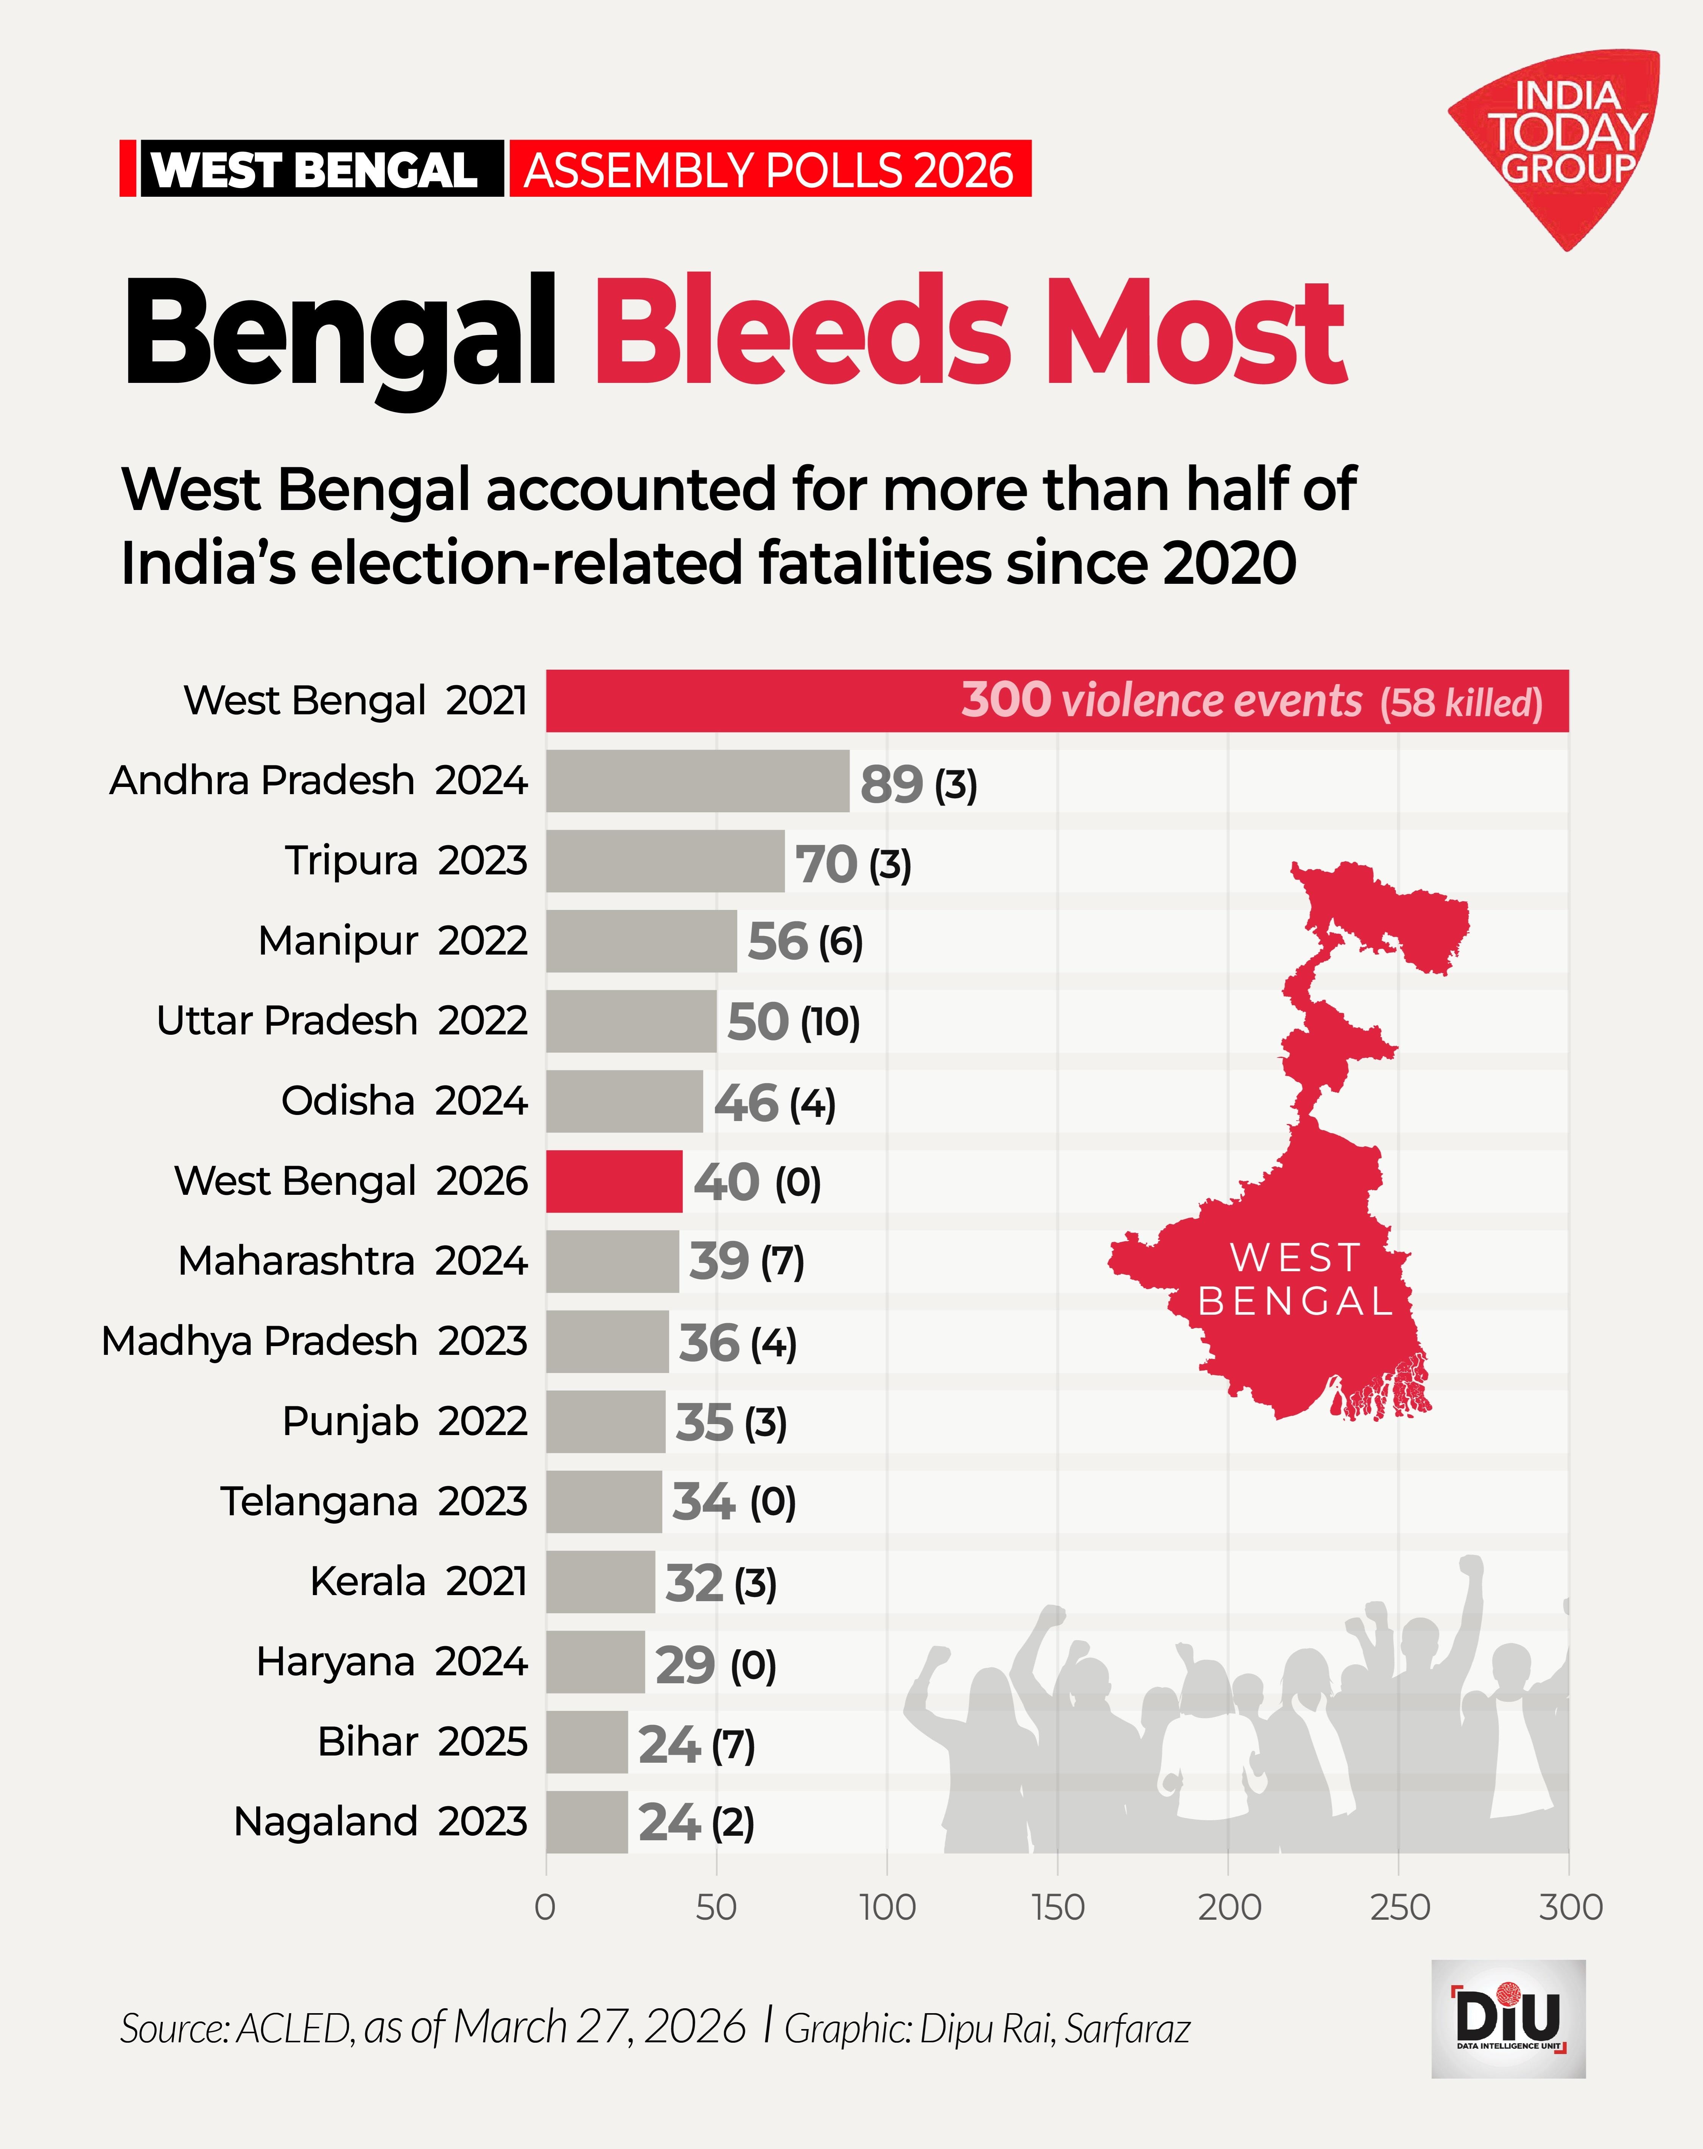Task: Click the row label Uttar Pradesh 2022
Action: coord(341,1021)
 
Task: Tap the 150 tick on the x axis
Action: coord(1058,1907)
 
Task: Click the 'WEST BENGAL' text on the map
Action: coord(1295,1279)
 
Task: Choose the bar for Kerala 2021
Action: coord(600,1582)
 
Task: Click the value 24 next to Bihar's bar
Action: coord(669,1744)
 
